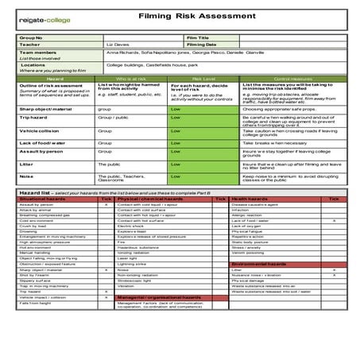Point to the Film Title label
199,37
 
